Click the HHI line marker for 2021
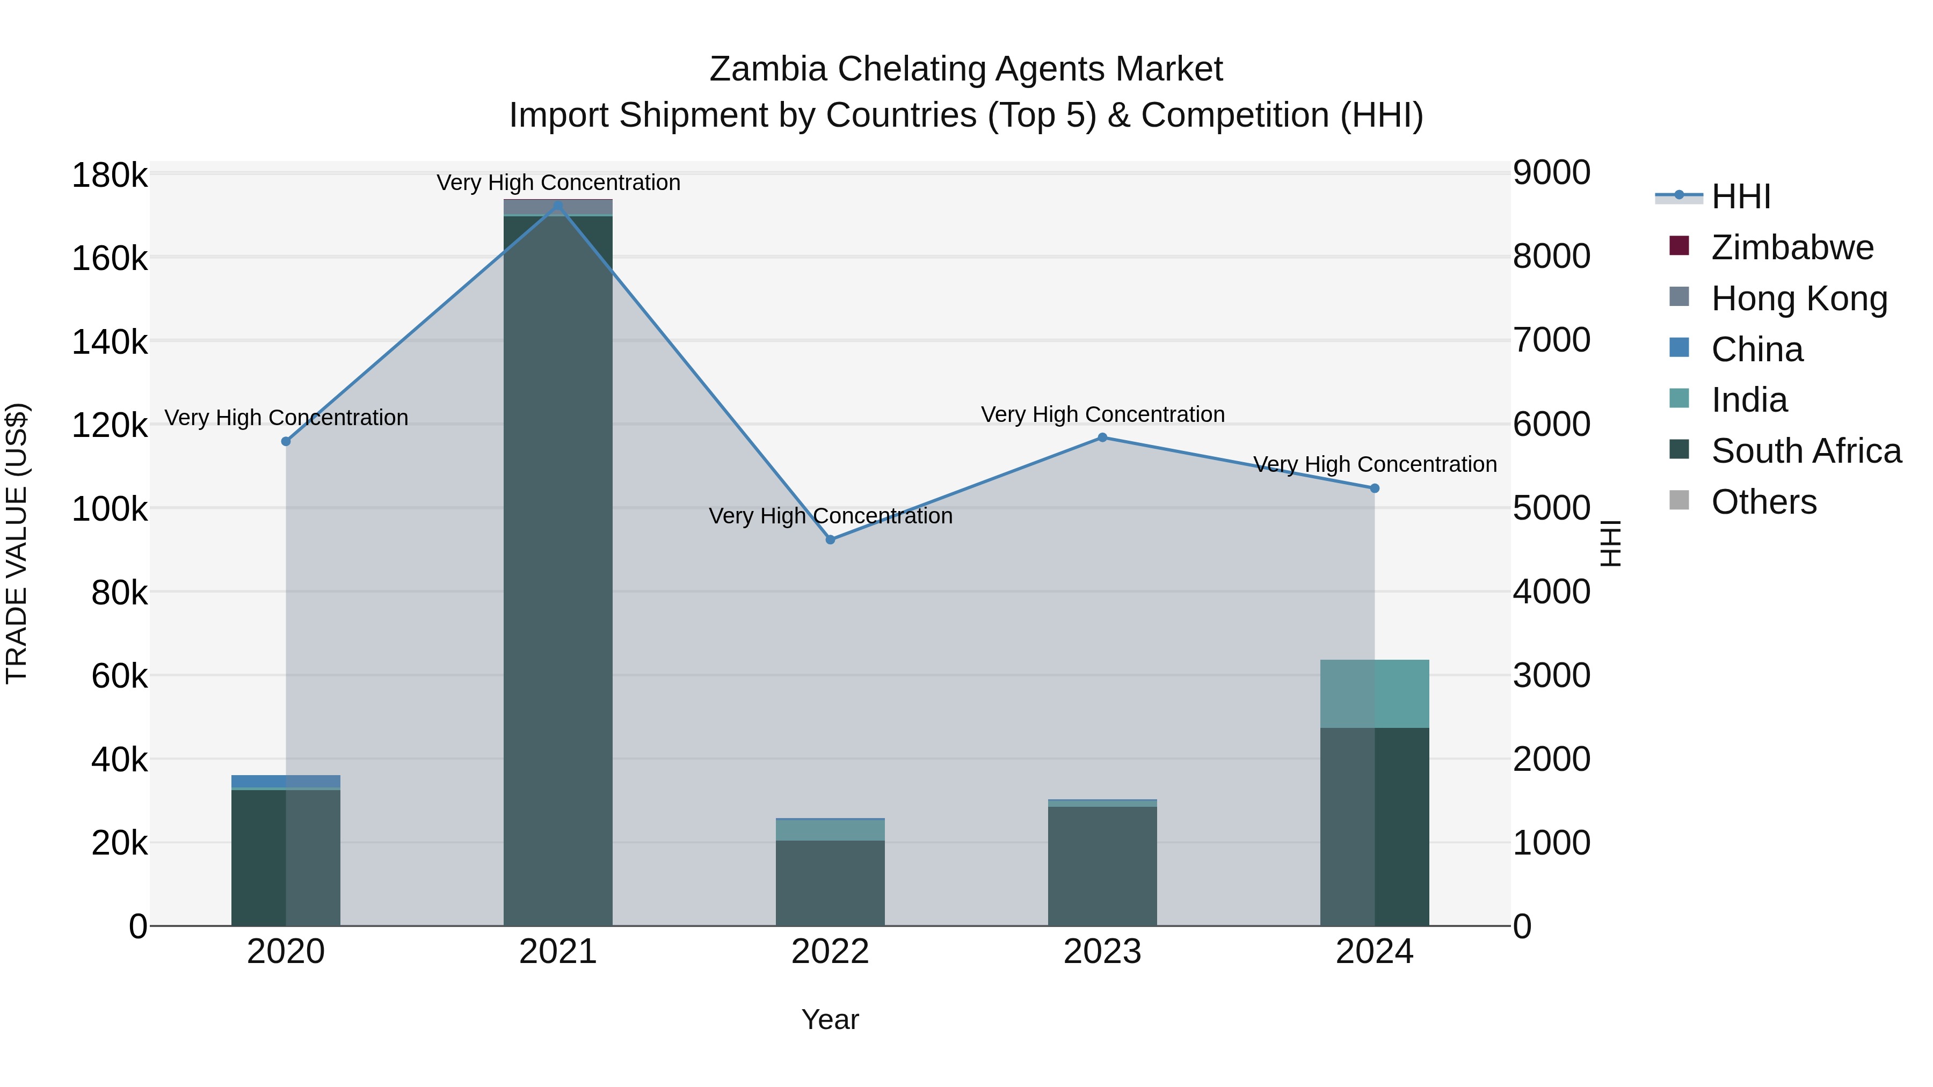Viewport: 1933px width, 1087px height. click(x=557, y=205)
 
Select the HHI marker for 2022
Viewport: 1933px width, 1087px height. click(x=830, y=539)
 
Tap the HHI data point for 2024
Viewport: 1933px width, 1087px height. click(x=1375, y=488)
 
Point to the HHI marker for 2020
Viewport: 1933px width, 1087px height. click(x=286, y=441)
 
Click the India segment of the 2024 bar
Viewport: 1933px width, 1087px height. click(x=1375, y=694)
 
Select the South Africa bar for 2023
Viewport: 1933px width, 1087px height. click(x=1102, y=866)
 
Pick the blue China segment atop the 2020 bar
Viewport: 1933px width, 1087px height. click(x=286, y=782)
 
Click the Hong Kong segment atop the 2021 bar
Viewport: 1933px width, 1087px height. click(x=557, y=207)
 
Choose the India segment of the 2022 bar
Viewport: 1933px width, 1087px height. click(x=830, y=830)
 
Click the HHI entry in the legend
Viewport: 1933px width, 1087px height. click(x=1741, y=196)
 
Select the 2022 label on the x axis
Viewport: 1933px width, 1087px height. click(x=830, y=952)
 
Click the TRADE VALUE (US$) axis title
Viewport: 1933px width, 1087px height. click(x=17, y=543)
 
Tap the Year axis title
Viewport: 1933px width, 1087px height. click(x=830, y=1019)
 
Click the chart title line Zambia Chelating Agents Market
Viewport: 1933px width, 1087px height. click(x=966, y=69)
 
